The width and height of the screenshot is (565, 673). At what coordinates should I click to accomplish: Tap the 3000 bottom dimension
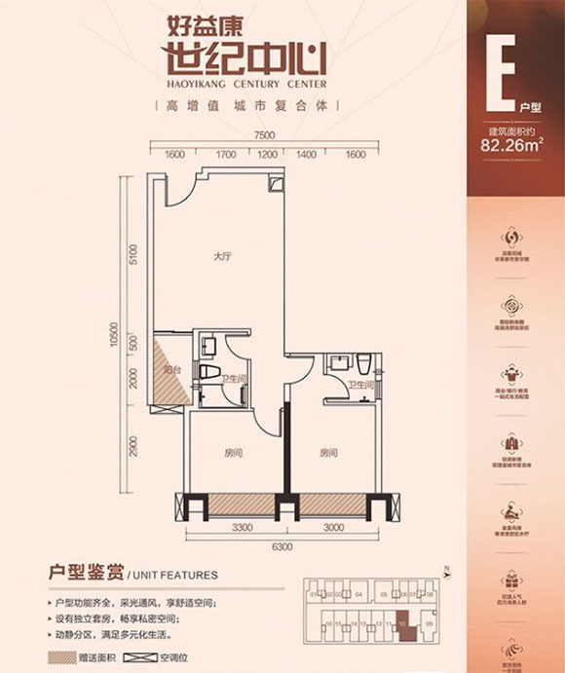tap(333, 527)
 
